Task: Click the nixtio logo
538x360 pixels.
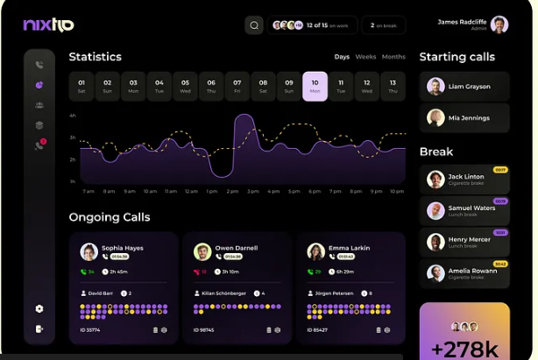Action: [x=48, y=25]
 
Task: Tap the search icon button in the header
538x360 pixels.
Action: [x=254, y=25]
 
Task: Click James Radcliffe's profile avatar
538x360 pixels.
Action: [x=499, y=25]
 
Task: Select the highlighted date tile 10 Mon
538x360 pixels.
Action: [x=315, y=86]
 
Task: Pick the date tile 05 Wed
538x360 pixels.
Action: [x=185, y=86]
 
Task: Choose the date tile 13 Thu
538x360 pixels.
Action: [x=393, y=86]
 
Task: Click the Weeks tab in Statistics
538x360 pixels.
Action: [x=365, y=57]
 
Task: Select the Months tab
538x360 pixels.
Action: [x=393, y=57]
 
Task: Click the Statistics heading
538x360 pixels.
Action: [x=96, y=57]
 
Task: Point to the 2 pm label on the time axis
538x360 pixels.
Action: [x=232, y=191]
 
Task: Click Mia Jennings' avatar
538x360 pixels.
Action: [x=435, y=117]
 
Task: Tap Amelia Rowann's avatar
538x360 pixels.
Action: [x=435, y=273]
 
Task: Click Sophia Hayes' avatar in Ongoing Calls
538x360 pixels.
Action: [x=88, y=252]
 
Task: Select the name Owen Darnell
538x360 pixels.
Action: [x=236, y=248]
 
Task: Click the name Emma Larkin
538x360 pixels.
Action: [x=350, y=248]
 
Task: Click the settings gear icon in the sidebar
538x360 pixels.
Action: [x=39, y=308]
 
